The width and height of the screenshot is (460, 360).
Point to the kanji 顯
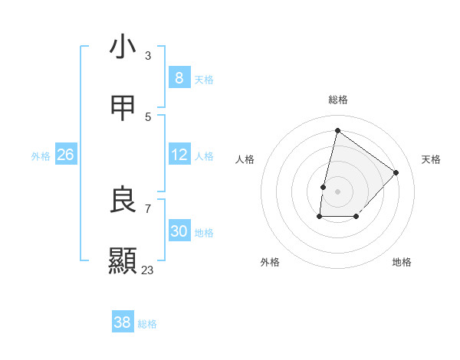coord(123,260)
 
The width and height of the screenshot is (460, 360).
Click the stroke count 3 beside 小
coord(148,56)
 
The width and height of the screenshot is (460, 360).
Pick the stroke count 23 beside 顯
coord(148,270)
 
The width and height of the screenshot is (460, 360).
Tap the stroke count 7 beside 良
coord(148,208)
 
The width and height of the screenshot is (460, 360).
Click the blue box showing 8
coord(179,78)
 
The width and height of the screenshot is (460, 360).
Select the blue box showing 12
coord(179,155)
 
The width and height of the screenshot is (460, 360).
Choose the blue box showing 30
coord(179,231)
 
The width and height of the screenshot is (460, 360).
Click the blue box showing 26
coord(66,155)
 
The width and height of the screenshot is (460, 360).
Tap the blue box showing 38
coord(123,322)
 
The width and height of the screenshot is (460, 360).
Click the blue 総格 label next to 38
coord(147,324)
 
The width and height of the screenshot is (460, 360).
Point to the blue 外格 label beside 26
coord(41,156)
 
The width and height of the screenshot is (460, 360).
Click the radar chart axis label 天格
coord(431,159)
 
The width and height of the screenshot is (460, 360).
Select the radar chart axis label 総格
coord(338,100)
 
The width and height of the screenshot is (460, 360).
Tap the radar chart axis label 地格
coord(402,262)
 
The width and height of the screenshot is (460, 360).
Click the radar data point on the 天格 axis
coord(396,172)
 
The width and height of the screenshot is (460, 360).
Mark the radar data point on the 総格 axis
coord(337,131)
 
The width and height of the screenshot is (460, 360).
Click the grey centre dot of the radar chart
coord(337,191)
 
